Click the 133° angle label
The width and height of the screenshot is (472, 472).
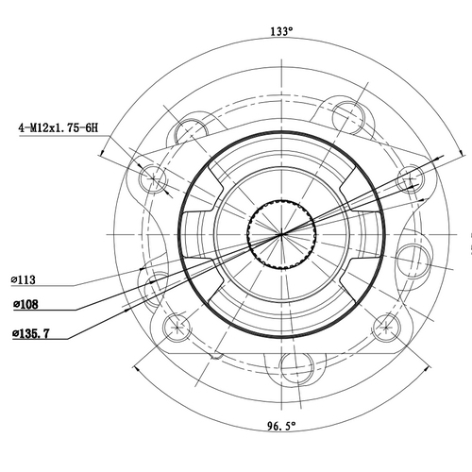(x=281, y=31)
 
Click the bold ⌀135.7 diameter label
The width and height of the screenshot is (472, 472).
(x=31, y=333)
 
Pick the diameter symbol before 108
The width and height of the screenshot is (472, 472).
(x=16, y=305)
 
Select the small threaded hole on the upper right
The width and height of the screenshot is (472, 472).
(x=410, y=178)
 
